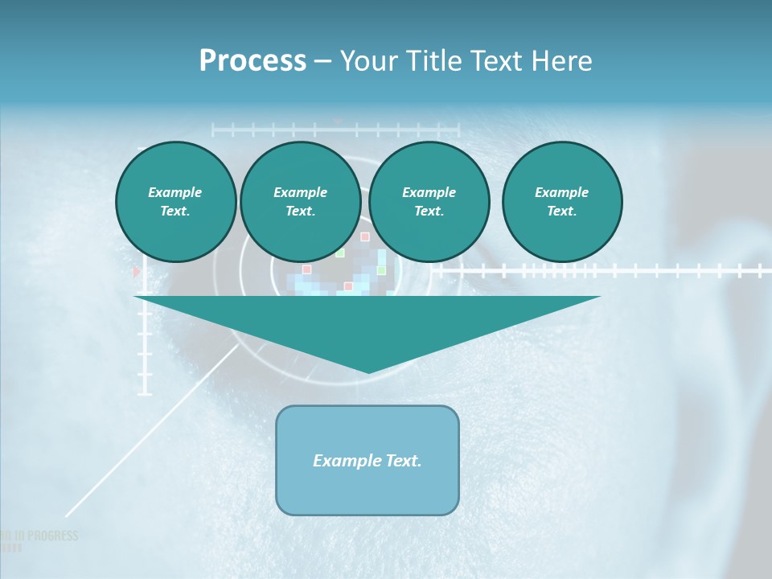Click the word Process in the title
pyautogui.click(x=253, y=61)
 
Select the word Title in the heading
pyautogui.click(x=434, y=61)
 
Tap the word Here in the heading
pyautogui.click(x=561, y=61)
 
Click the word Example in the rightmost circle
pyautogui.click(x=561, y=192)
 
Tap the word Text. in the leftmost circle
pyautogui.click(x=175, y=211)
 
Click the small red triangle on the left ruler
pyautogui.click(x=136, y=273)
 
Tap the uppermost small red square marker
pyautogui.click(x=364, y=237)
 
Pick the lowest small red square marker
pyautogui.click(x=348, y=286)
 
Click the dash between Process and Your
pyautogui.click(x=322, y=61)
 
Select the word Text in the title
pyautogui.click(x=495, y=61)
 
